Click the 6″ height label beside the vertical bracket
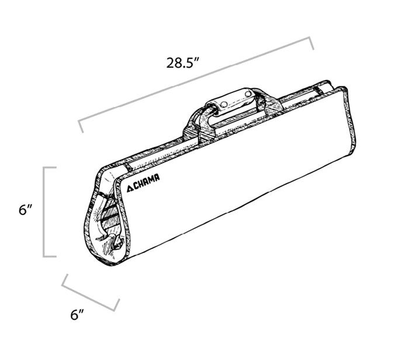tap(25, 210)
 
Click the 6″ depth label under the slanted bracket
tap(77, 314)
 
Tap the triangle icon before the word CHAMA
tap(130, 188)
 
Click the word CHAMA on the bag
tap(147, 182)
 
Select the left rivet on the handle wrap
tap(224, 104)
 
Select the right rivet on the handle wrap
tap(248, 94)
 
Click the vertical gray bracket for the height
tap(45, 212)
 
